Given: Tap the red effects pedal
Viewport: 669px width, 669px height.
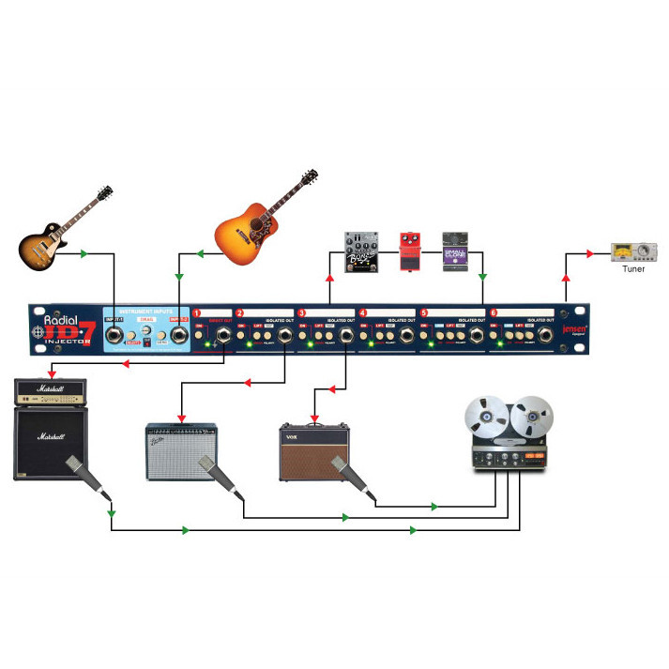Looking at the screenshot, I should coord(410,251).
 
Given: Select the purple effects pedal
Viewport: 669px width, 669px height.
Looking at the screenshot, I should coord(455,251).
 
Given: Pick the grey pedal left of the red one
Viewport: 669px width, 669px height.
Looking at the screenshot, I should coord(363,251).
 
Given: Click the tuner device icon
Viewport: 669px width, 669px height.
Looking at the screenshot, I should coord(634,251).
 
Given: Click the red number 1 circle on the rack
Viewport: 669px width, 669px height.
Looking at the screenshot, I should coord(197,313).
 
